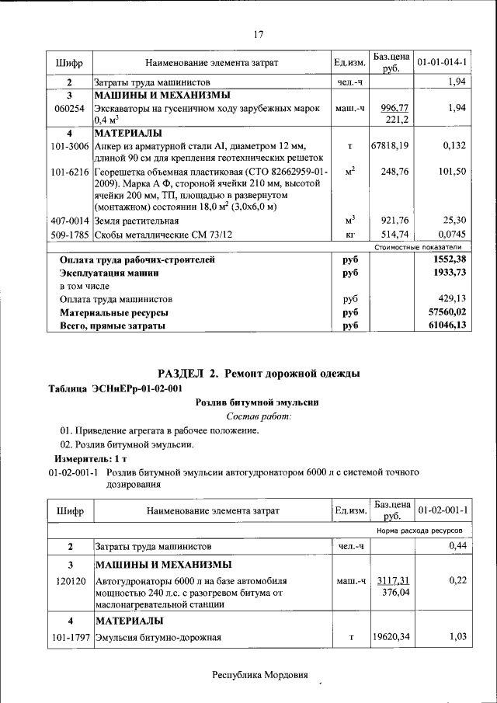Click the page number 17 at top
pos(259,33)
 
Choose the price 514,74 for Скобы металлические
pos(394,234)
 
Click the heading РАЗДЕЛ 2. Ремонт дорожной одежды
pos(259,374)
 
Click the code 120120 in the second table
pos(70,580)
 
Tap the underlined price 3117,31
pos(392,580)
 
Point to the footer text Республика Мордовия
pos(260,674)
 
